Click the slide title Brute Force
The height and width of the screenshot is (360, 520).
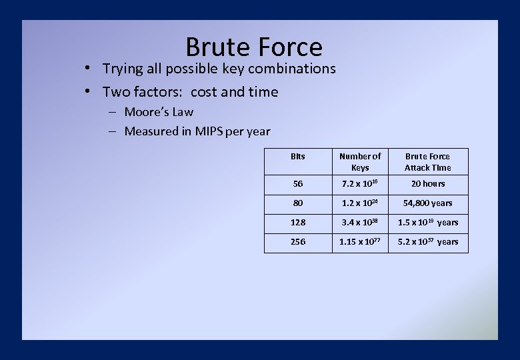coord(253,47)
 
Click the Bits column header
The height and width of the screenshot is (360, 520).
coord(298,157)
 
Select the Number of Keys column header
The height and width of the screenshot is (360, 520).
coord(360,162)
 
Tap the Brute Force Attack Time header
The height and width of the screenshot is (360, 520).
coord(427,162)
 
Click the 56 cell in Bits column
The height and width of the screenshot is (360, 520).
coord(298,184)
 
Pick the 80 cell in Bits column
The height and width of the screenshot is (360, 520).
coord(298,203)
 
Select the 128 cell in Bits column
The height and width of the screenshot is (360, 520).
coord(298,223)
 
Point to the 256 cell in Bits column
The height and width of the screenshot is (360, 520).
coord(298,242)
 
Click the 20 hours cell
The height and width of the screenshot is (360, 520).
coord(427,184)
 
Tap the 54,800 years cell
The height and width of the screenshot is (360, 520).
coord(427,203)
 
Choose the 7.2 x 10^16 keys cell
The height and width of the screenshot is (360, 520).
coord(360,184)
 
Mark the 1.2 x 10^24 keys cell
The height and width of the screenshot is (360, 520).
coord(360,203)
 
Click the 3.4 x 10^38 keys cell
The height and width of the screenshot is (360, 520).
coord(360,223)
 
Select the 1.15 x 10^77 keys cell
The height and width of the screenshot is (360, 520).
coord(360,242)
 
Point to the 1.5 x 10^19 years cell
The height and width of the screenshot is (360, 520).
coord(427,223)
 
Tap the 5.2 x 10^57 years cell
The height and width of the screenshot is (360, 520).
coord(427,242)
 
